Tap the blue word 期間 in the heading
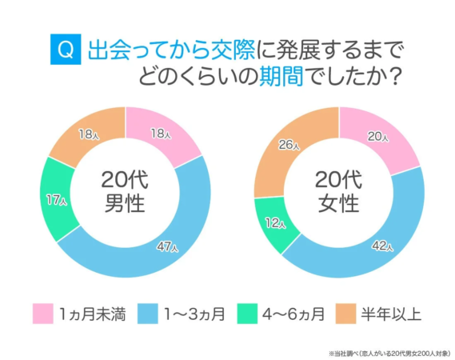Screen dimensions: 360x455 click(322, 78)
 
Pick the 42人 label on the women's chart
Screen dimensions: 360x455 click(383, 245)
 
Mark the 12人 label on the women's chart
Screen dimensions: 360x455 click(275, 223)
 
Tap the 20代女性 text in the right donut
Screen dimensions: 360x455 click(339, 191)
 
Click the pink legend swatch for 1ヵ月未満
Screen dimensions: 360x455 click(43, 314)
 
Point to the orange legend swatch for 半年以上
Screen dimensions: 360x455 click(346, 314)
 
